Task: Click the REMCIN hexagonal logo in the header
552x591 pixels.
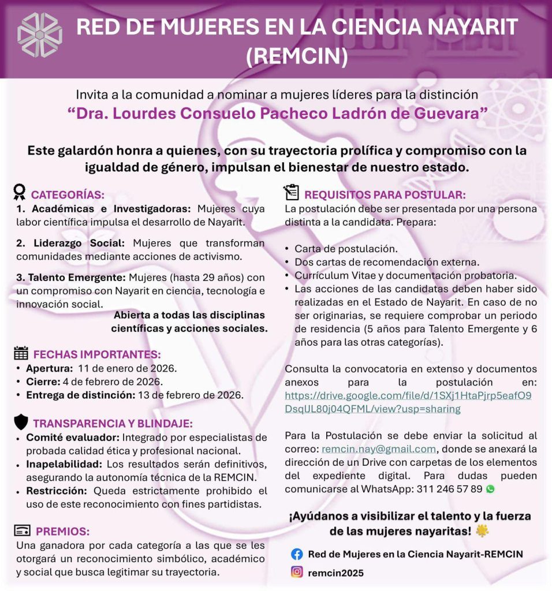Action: click(x=39, y=35)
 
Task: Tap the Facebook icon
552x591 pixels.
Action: click(x=297, y=554)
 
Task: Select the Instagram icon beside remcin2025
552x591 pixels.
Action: click(x=297, y=573)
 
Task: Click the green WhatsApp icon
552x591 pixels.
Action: click(x=491, y=489)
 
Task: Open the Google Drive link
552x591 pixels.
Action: click(x=408, y=402)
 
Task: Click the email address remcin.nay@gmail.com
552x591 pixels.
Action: click(x=379, y=449)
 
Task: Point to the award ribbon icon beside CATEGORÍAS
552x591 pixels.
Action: click(x=20, y=192)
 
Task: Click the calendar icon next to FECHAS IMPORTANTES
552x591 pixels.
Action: click(x=21, y=354)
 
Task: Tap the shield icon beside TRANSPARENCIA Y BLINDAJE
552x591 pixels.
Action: click(x=21, y=422)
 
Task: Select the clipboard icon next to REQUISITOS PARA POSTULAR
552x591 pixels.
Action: click(x=292, y=192)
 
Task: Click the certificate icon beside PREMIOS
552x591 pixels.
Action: click(x=22, y=531)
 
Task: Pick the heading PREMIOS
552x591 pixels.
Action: click(x=62, y=532)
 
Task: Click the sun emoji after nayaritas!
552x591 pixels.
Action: click(x=482, y=530)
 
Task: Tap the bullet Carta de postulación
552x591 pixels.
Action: click(x=346, y=249)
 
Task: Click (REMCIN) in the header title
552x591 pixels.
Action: click(x=297, y=57)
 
